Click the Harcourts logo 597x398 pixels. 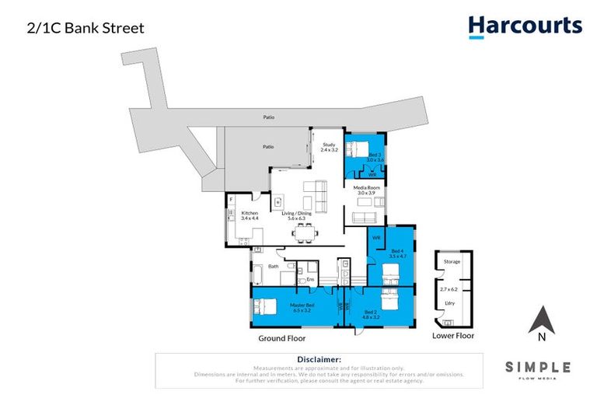pos(525,27)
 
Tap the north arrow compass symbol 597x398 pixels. pos(541,320)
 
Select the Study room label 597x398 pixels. pos(328,146)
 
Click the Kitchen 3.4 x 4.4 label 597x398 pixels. pos(250,215)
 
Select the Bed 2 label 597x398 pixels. pos(372,315)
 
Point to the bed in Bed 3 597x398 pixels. pos(357,150)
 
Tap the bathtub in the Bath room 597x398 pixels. pos(258,274)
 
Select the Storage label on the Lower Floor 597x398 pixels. pos(452,262)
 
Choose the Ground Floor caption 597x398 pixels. pos(281,339)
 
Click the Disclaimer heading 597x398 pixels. pos(319,360)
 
